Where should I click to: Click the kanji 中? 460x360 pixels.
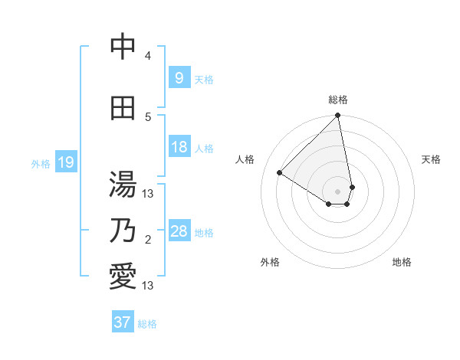[x=123, y=47]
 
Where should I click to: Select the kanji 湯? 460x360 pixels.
[x=123, y=185]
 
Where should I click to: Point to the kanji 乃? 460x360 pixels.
[x=123, y=231]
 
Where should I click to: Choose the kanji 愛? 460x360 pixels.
[x=123, y=277]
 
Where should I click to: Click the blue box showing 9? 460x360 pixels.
[x=179, y=78]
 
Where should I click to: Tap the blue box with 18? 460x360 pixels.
[x=179, y=147]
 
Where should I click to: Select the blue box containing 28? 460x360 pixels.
[x=179, y=231]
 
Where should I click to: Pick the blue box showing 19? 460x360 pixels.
[x=65, y=162]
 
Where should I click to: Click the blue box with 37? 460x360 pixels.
[x=122, y=322]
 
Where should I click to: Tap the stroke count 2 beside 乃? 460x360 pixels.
[x=148, y=240]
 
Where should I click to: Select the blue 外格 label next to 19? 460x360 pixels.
[x=41, y=163]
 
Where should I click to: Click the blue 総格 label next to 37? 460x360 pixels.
[x=147, y=323]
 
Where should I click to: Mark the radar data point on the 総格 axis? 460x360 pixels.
[x=337, y=116]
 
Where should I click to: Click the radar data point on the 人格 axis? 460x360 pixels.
[x=280, y=173]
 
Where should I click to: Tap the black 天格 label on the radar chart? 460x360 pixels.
[x=431, y=159]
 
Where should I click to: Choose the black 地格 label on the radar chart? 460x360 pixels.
[x=402, y=262]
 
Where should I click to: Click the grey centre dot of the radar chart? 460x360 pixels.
[x=337, y=191]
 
